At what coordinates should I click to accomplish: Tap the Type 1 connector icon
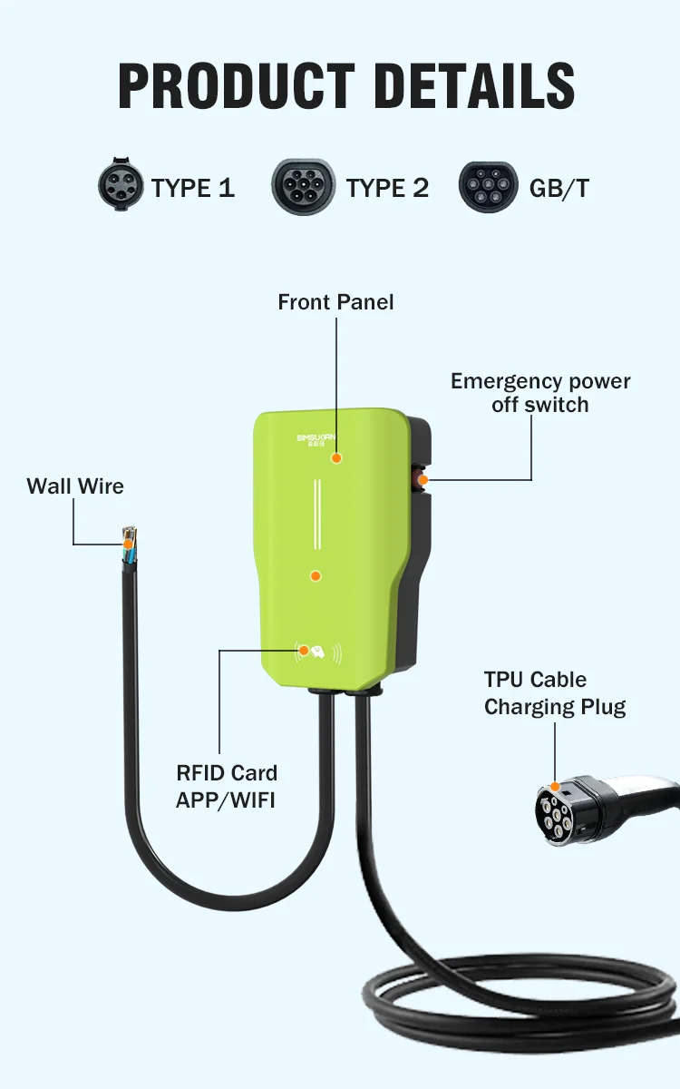(121, 187)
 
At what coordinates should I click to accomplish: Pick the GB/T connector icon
(489, 187)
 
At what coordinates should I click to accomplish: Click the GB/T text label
(559, 188)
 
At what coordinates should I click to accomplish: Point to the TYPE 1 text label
(193, 188)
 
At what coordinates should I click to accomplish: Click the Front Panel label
(335, 302)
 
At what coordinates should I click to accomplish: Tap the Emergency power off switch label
(540, 393)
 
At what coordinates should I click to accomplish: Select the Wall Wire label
(75, 486)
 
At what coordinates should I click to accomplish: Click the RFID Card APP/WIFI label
(227, 786)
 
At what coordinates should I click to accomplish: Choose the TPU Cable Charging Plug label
(555, 693)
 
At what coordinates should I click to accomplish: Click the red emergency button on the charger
(422, 477)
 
